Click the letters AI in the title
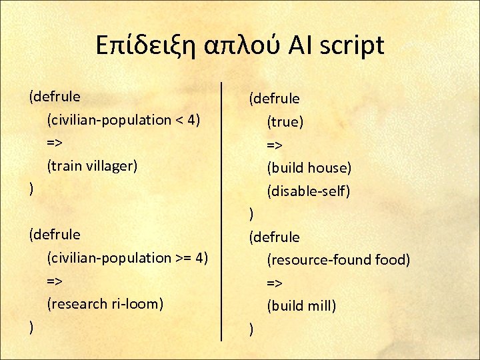[x=300, y=45]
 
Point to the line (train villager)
[x=92, y=165]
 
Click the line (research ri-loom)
[x=105, y=303]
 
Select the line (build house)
[x=309, y=168]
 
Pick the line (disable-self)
[x=309, y=191]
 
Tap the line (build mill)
[x=301, y=306]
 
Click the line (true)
[x=285, y=122]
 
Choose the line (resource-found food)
[x=338, y=260]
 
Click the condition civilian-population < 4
[x=124, y=120]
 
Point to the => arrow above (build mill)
[x=275, y=283]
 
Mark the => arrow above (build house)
[x=275, y=145]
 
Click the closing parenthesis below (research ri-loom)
[x=31, y=327]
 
